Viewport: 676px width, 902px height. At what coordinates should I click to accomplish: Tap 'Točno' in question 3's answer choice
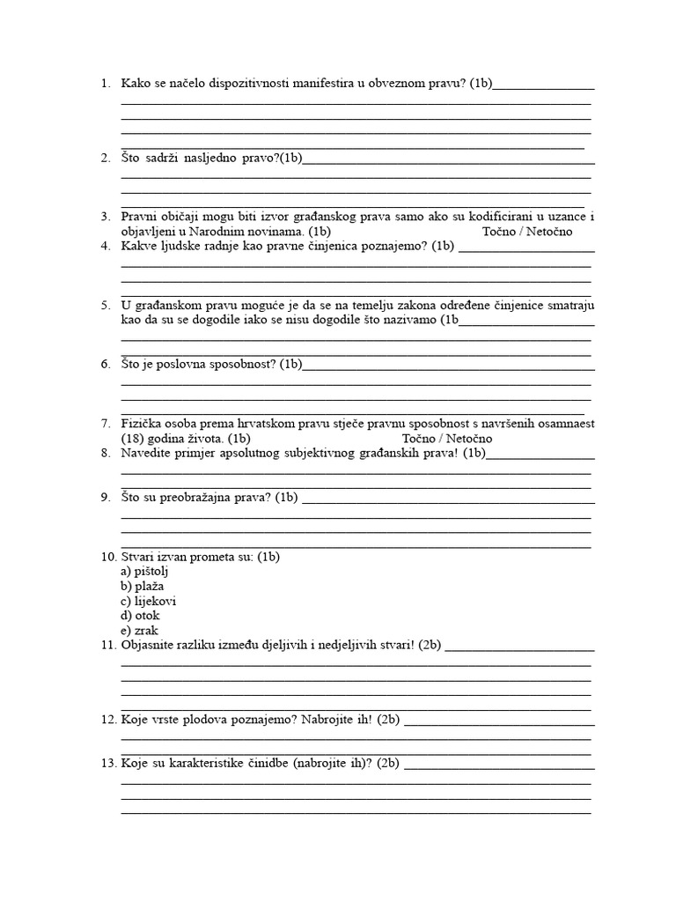[x=500, y=232]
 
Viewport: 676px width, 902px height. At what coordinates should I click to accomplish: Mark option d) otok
[x=140, y=616]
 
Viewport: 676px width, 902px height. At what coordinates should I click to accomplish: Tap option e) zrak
[x=139, y=631]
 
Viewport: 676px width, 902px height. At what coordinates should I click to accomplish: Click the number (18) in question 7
[x=134, y=439]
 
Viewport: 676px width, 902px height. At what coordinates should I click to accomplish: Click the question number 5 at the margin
[x=106, y=306]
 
